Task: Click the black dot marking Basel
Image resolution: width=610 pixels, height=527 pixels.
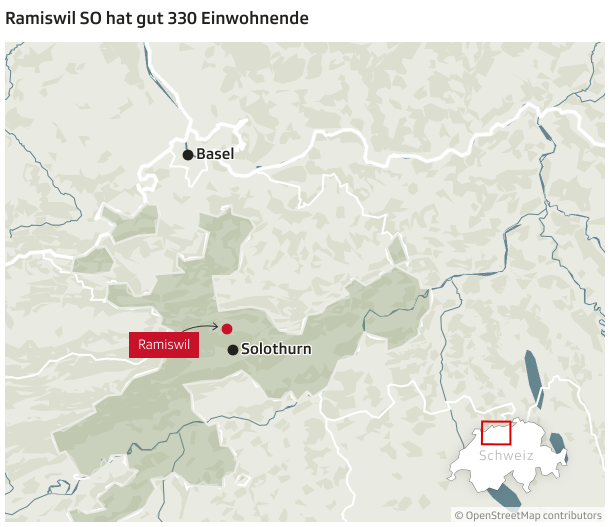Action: [x=188, y=154]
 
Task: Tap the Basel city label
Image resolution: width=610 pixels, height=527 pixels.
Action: [x=215, y=154]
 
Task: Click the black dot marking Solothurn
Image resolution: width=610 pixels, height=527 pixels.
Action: [x=232, y=350]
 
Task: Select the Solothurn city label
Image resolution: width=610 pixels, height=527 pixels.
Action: [x=276, y=349]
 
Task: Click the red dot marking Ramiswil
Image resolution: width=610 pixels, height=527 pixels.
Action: [x=227, y=328]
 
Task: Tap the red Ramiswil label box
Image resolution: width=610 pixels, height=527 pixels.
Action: [x=164, y=345]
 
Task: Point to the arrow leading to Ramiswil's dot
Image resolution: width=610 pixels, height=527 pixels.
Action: [x=200, y=327]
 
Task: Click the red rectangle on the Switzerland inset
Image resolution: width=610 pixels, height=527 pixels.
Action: [x=496, y=433]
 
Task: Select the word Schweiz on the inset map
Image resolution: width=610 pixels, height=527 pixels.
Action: [x=506, y=455]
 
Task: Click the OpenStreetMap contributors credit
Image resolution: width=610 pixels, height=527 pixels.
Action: [x=533, y=515]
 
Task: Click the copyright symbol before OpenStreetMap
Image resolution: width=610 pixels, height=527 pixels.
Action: [x=459, y=515]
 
